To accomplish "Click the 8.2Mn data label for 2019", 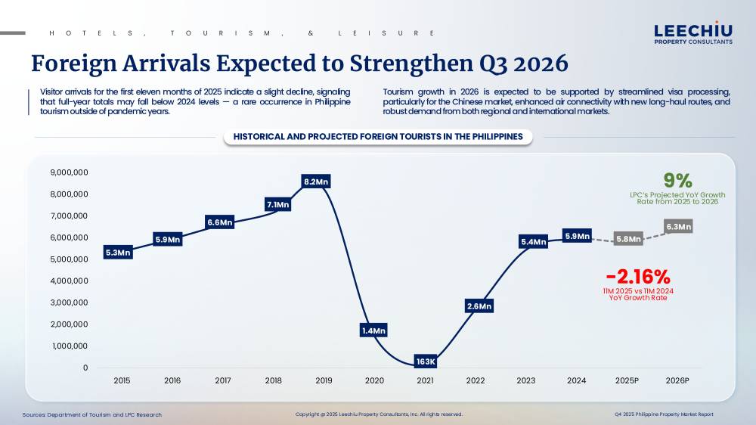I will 316,181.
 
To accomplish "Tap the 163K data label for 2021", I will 426,362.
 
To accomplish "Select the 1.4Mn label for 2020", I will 373,330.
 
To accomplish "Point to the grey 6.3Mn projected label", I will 678,226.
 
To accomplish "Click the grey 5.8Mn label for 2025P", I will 628,239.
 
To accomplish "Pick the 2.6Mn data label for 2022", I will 479,306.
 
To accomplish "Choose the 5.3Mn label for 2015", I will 118,253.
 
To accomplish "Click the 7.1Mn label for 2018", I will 277,204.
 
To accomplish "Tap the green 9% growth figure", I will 677,181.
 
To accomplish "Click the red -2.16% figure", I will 638,277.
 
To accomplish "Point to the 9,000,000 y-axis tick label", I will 69,172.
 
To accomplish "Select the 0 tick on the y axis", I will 85,368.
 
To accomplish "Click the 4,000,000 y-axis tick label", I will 69,281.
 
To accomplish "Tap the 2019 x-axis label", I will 324,380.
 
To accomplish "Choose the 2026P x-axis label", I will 677,380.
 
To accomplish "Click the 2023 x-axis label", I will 525,380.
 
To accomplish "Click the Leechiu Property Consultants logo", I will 692,33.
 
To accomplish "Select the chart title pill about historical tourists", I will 378,137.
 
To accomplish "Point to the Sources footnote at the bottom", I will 92,414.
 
